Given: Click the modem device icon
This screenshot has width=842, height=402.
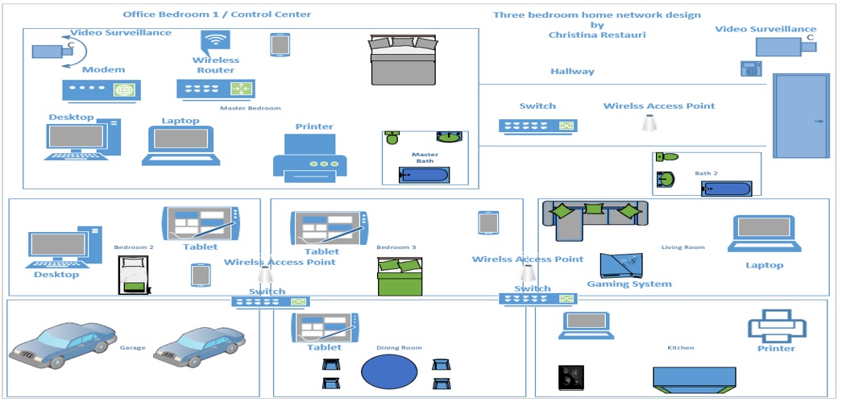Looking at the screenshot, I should (x=102, y=90).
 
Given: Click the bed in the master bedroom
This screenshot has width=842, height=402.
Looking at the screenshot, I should (x=403, y=60).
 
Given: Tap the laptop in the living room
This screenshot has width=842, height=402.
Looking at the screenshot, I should (x=765, y=234).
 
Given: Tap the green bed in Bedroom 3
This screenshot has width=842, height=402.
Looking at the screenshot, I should (x=400, y=277).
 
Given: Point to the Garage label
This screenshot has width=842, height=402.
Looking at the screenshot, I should (x=133, y=348).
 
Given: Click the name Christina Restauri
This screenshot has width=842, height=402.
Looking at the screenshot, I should (x=598, y=35).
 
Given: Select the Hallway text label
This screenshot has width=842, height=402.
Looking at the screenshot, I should (x=572, y=72).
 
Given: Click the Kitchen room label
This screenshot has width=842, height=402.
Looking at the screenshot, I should (x=680, y=348).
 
